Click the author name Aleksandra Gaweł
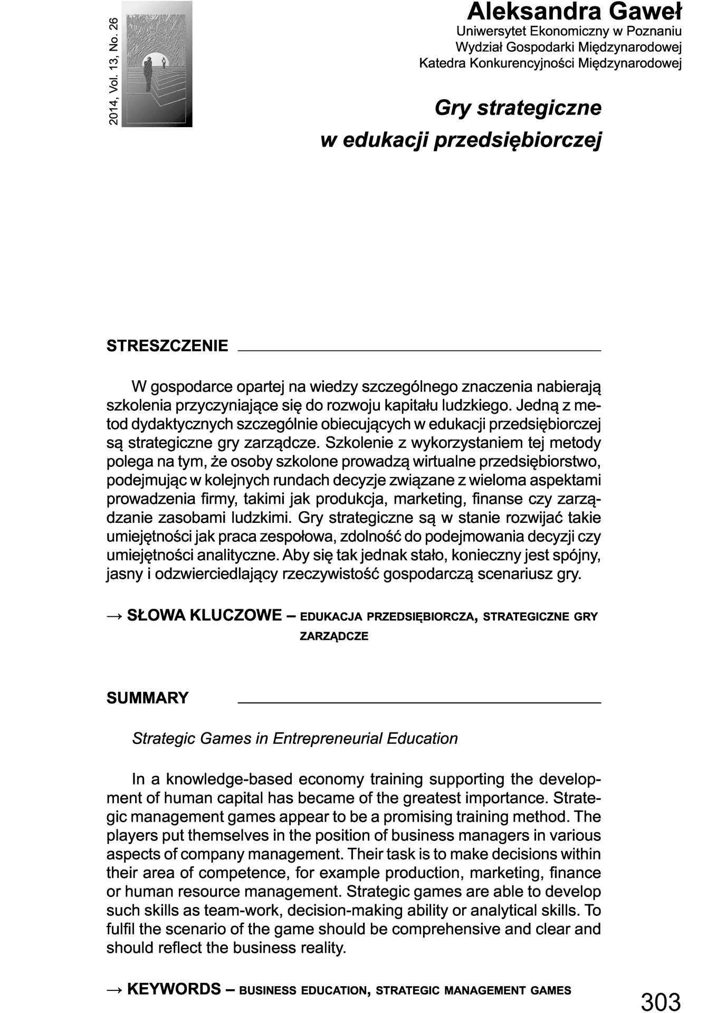[x=575, y=12]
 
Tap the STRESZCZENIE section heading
[x=167, y=346]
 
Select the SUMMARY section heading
[x=147, y=698]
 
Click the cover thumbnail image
[x=157, y=64]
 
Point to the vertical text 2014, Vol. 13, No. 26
[x=113, y=72]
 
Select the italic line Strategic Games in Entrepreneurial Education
[x=295, y=739]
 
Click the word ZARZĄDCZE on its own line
[x=334, y=636]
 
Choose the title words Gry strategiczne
[x=518, y=108]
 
